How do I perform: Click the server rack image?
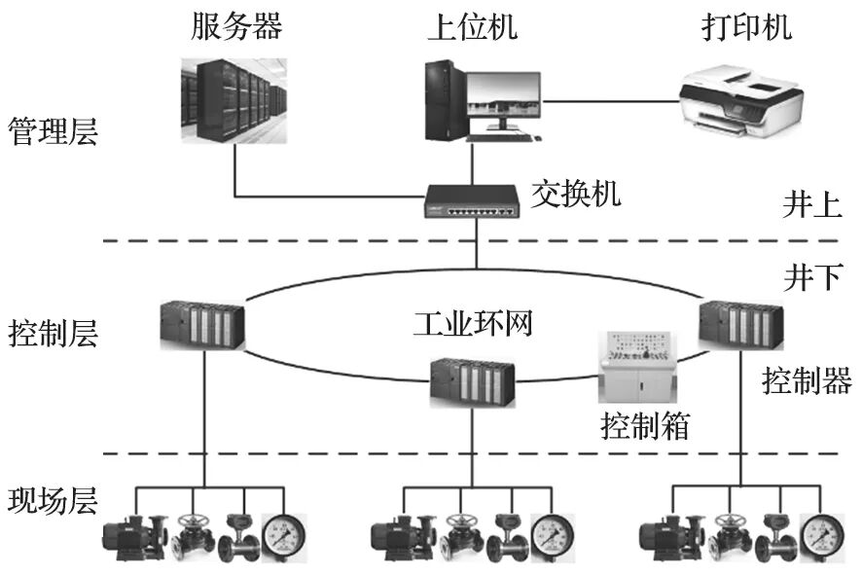point(234,101)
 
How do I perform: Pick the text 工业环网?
point(473,322)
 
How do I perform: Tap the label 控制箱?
point(644,425)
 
